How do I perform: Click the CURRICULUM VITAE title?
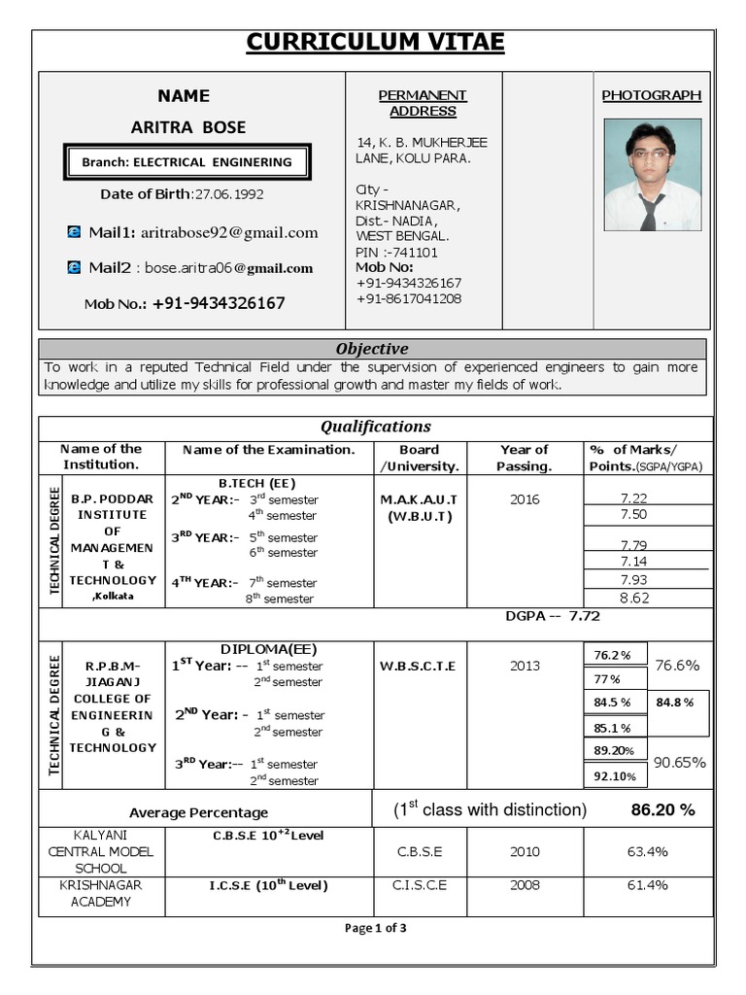pos(374,43)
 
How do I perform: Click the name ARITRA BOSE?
pos(188,127)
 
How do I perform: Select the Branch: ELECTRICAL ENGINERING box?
pos(186,162)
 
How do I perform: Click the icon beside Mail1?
pos(74,232)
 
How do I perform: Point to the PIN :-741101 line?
pos(396,252)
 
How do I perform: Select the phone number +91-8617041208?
pos(408,298)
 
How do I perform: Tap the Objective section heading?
pos(372,349)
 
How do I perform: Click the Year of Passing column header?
pos(524,458)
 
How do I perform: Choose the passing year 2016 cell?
pos(524,499)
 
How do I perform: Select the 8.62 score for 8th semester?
pos(633,598)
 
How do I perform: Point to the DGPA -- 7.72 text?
pos(553,616)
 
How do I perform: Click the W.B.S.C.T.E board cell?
pos(418,667)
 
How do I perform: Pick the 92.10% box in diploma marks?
pos(614,775)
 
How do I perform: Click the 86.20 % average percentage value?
pos(662,809)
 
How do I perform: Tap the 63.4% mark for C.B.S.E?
pos(647,852)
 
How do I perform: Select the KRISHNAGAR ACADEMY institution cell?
pos(102,893)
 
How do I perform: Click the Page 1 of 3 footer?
pos(375,928)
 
